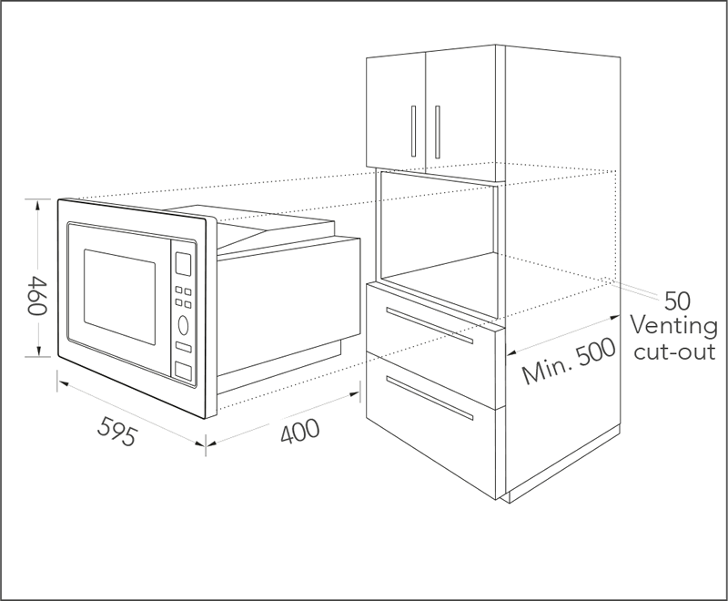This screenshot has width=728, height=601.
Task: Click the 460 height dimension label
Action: pyautogui.click(x=36, y=295)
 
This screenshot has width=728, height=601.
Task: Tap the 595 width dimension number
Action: pyautogui.click(x=118, y=431)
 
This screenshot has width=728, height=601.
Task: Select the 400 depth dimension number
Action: pyautogui.click(x=300, y=431)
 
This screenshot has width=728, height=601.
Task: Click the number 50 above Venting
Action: pyautogui.click(x=677, y=301)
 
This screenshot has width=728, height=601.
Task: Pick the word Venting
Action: pyautogui.click(x=673, y=326)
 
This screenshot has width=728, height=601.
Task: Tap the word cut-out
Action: pyautogui.click(x=674, y=351)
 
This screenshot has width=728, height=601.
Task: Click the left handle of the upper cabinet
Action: pyautogui.click(x=413, y=131)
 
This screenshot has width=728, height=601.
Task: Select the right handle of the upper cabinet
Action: pyautogui.click(x=437, y=132)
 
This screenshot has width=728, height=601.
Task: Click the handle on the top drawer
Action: pyautogui.click(x=430, y=325)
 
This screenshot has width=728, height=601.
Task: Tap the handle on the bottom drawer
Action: pyautogui.click(x=430, y=398)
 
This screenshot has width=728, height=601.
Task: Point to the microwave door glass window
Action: pyautogui.click(x=119, y=297)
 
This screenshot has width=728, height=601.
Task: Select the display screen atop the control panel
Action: pyautogui.click(x=183, y=264)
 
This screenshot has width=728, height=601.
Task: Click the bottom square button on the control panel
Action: pyautogui.click(x=183, y=372)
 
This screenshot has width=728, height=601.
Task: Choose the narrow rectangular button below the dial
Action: pyautogui.click(x=184, y=347)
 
